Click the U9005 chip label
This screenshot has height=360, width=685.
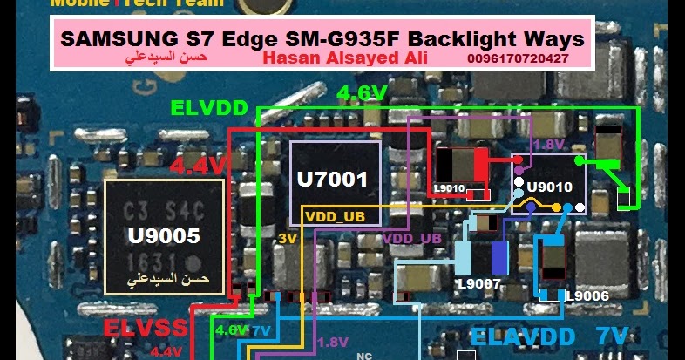(x=164, y=234)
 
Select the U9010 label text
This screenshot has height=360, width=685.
(x=550, y=187)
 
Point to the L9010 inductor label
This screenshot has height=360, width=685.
(x=450, y=187)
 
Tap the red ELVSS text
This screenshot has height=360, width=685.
(x=145, y=329)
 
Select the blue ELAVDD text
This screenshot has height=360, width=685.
(x=522, y=336)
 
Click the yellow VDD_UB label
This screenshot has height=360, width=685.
(x=336, y=214)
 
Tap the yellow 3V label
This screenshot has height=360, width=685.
(x=288, y=238)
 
